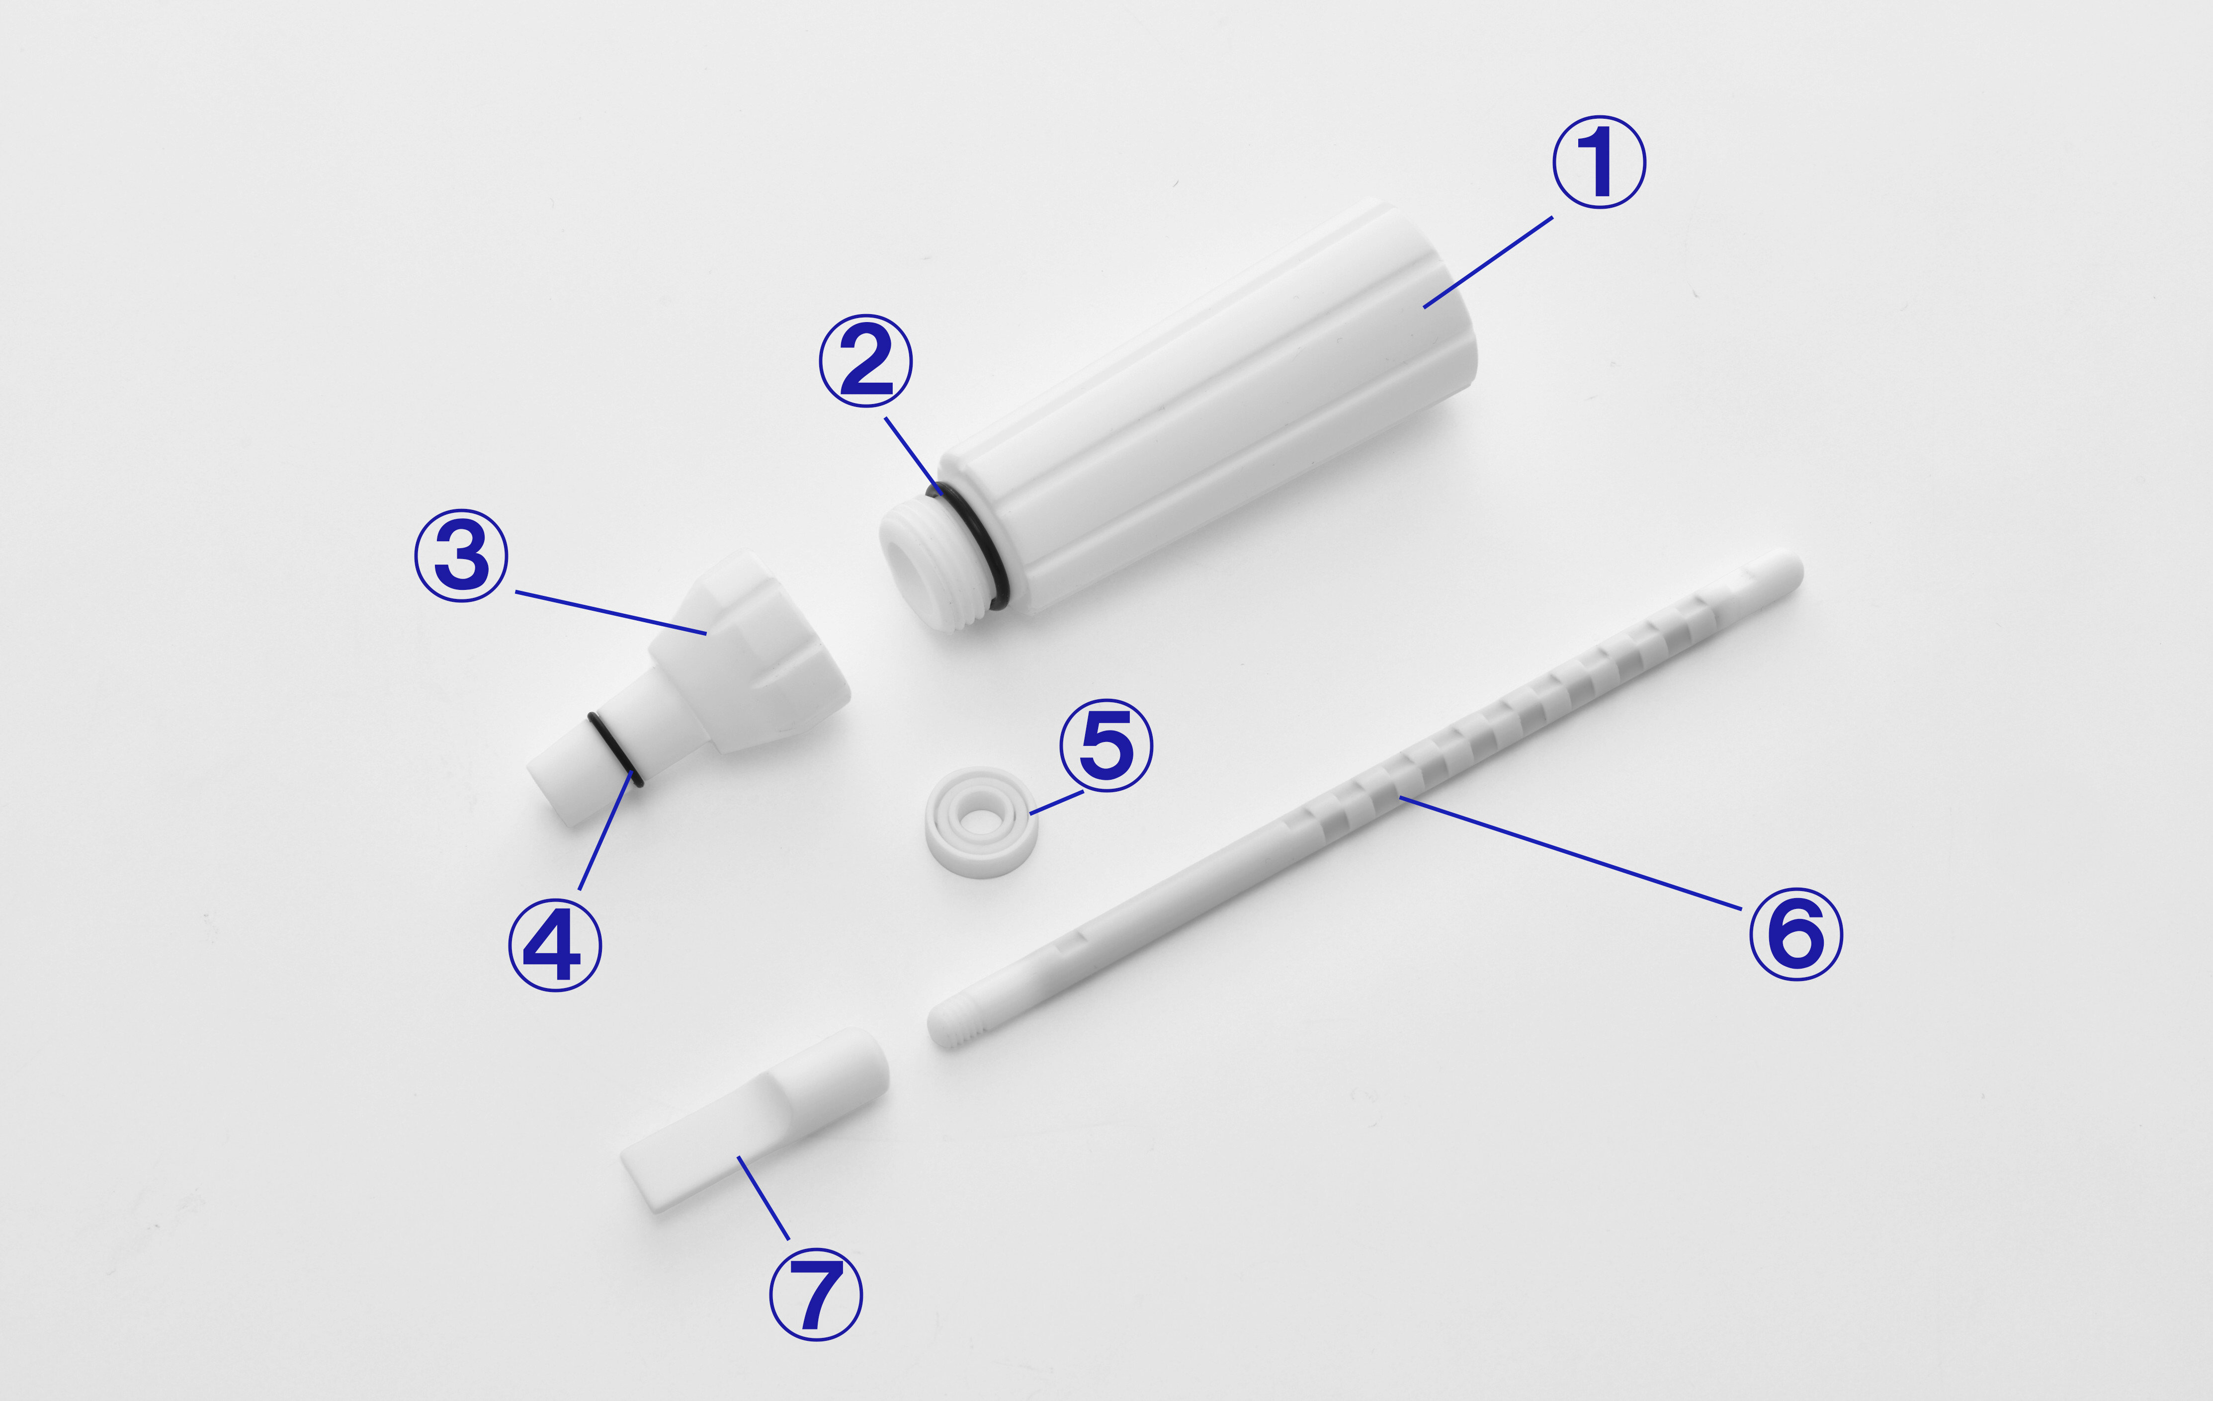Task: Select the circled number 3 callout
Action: (x=461, y=556)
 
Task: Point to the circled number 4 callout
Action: (x=555, y=944)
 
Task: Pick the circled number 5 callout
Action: (x=1106, y=745)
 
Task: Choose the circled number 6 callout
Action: (x=1796, y=933)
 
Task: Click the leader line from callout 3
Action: (x=610, y=613)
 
